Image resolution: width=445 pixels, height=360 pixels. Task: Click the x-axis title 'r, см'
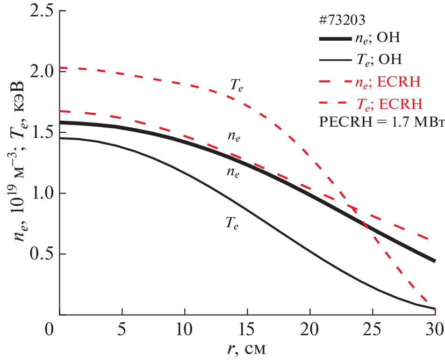coord(247,349)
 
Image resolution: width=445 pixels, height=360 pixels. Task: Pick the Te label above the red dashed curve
coord(237,85)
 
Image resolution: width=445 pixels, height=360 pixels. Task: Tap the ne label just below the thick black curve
coord(234,172)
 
